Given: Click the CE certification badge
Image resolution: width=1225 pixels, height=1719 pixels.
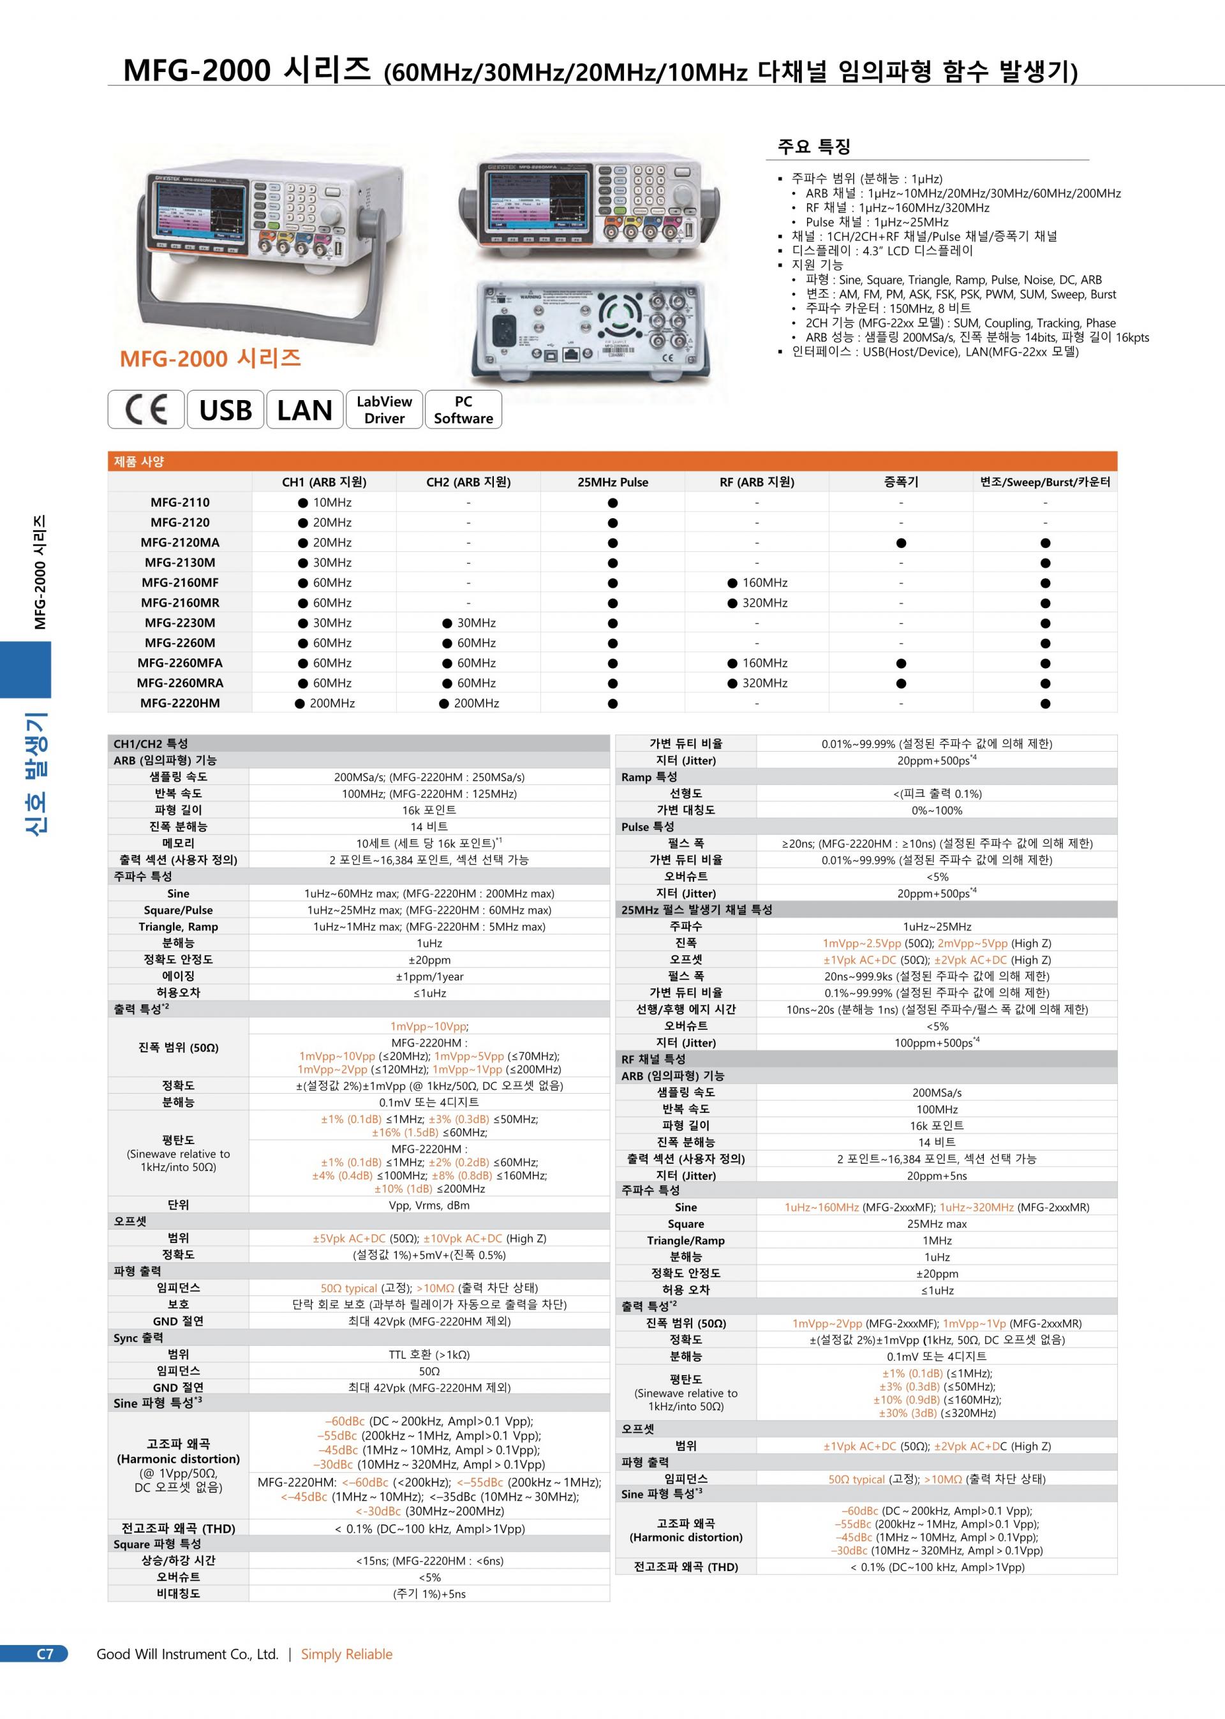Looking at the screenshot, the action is (x=146, y=410).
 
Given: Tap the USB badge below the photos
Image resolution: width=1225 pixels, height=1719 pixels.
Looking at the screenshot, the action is (x=225, y=410).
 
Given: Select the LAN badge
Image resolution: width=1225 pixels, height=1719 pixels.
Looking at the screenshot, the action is (x=305, y=410).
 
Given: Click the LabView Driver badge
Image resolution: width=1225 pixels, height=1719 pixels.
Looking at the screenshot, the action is (x=384, y=410).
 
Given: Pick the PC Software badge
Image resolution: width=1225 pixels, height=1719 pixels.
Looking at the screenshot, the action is (x=463, y=410).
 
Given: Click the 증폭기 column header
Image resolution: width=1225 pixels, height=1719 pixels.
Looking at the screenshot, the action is (x=901, y=482).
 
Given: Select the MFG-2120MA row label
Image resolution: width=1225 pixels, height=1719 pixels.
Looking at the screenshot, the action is (x=179, y=542).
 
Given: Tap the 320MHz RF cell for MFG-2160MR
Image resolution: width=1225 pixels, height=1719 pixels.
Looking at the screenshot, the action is (x=757, y=602).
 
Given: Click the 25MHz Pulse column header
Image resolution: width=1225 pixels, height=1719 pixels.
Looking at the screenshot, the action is (x=612, y=482).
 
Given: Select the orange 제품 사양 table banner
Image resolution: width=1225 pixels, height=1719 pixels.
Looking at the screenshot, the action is (x=612, y=461).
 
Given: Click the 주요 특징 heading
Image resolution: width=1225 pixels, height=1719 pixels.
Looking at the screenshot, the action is (x=814, y=146).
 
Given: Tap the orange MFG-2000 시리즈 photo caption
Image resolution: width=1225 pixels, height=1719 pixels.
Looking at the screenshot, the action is (x=211, y=357).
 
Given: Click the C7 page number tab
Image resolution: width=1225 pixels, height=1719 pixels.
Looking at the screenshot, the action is (x=45, y=1654).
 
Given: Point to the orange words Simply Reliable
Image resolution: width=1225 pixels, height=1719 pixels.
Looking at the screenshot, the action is (x=347, y=1654).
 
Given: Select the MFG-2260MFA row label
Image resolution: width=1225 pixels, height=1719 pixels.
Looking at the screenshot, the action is (x=179, y=663).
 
